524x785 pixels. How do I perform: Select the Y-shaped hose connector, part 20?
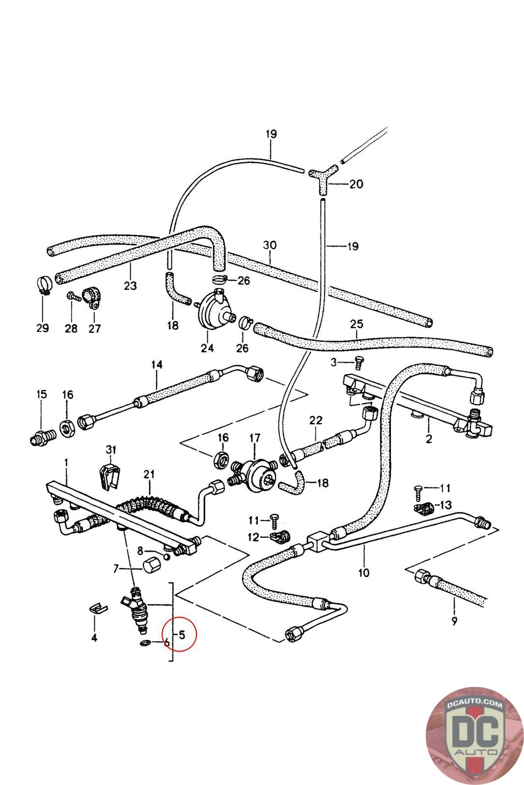tap(323, 179)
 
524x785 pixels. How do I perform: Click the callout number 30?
tap(269, 245)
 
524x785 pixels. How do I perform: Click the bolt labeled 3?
tap(358, 363)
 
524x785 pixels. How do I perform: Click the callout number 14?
tap(157, 365)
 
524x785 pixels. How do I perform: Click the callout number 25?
tap(357, 324)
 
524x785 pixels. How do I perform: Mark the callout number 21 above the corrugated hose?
tap(149, 474)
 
